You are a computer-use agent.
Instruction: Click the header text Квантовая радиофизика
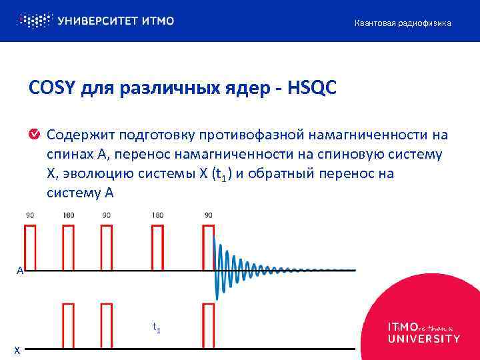tap(402, 23)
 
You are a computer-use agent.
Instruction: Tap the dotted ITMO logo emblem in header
tap(33, 21)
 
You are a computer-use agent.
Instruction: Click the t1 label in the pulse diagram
tap(156, 327)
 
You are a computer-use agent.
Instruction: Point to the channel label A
tap(21, 271)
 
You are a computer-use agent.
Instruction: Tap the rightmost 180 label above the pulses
tap(157, 215)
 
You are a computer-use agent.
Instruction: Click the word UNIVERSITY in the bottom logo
tap(423, 339)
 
